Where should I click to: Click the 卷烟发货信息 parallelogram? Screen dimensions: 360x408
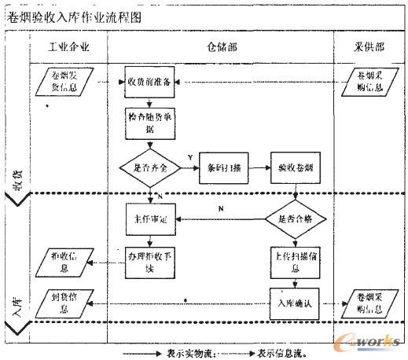point(67,80)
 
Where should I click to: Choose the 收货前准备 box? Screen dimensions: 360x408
point(149,80)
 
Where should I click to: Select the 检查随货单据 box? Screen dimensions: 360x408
point(149,123)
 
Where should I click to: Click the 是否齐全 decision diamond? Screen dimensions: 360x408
point(149,167)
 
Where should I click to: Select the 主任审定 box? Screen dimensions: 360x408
point(149,219)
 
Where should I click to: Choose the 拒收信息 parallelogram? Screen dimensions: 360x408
point(67,260)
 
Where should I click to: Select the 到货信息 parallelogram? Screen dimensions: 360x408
point(67,302)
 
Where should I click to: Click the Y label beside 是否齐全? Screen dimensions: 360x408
point(189,159)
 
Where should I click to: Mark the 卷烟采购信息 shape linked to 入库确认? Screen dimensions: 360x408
point(368,302)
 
